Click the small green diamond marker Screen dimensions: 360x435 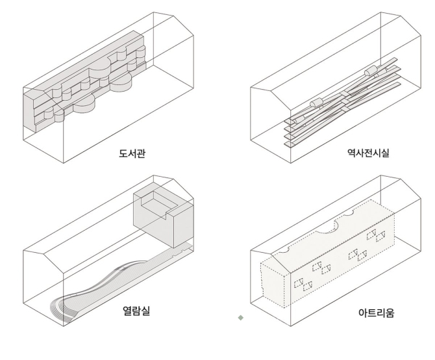coord(242,318)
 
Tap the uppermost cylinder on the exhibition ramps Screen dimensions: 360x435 coord(371,70)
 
